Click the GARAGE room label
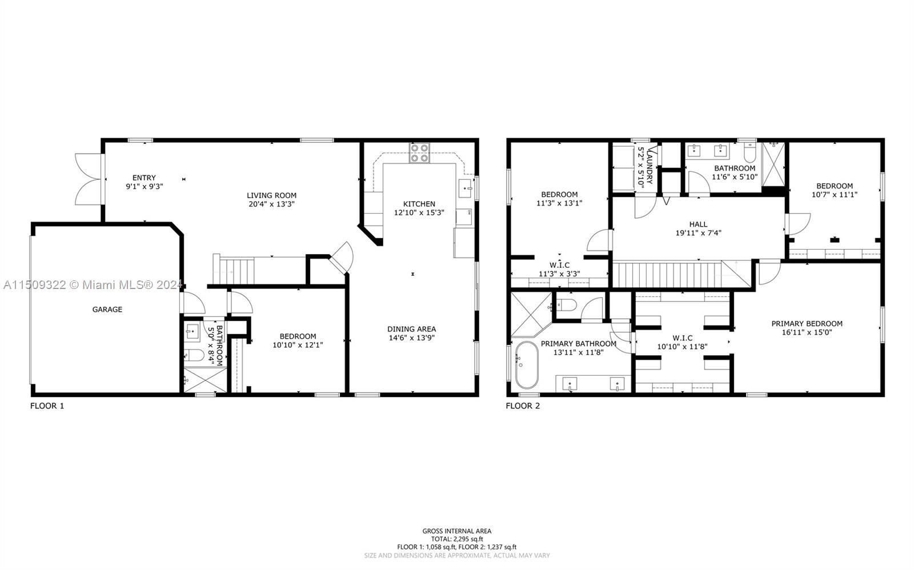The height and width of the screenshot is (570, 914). point(107,310)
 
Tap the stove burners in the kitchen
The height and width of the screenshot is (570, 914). point(420,153)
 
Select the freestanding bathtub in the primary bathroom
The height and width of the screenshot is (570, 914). point(527,365)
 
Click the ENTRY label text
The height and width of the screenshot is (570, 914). point(144,178)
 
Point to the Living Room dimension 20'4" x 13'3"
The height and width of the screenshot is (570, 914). point(271,204)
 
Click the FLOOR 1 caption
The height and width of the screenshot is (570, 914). point(47,406)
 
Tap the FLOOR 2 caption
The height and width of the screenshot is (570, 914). point(523,406)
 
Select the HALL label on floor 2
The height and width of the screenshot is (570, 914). point(698,224)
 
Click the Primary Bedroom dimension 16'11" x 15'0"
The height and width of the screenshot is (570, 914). point(807,332)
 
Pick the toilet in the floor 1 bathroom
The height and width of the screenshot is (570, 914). point(194,355)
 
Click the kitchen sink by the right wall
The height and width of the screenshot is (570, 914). point(466,188)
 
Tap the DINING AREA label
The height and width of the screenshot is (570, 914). point(411,330)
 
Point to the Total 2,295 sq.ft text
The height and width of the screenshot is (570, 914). point(457,539)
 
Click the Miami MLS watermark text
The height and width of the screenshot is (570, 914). point(92,285)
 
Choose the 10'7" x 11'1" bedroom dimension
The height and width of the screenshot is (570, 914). point(835,195)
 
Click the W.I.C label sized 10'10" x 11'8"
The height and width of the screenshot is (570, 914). point(682,338)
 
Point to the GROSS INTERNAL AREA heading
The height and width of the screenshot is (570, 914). point(457,531)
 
